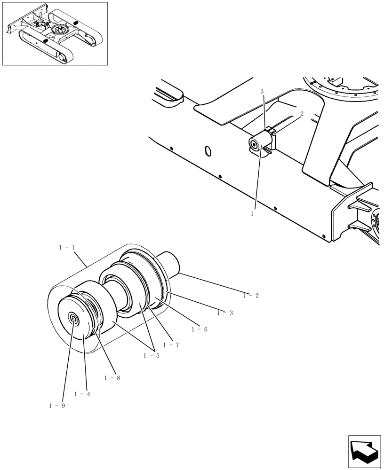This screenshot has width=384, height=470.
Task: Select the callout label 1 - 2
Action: point(251,296)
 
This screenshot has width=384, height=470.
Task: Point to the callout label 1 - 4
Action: point(82,394)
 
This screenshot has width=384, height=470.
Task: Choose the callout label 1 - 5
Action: point(152,355)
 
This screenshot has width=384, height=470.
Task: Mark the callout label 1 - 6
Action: point(199,329)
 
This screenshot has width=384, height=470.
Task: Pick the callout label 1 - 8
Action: point(112,378)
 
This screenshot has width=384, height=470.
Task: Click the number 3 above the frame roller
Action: point(263,92)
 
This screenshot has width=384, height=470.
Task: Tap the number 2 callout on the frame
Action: point(301,113)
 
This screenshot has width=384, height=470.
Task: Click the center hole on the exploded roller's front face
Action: point(74,319)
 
